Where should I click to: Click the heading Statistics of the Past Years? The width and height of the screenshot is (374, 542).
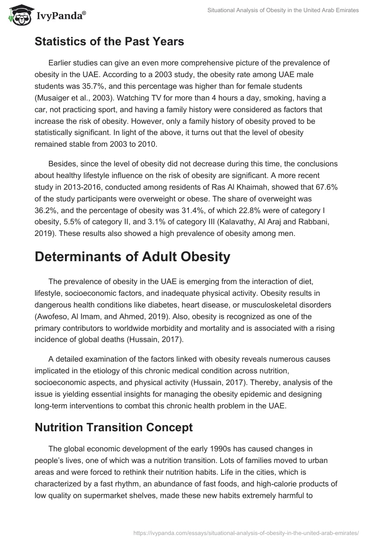[109, 42]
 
